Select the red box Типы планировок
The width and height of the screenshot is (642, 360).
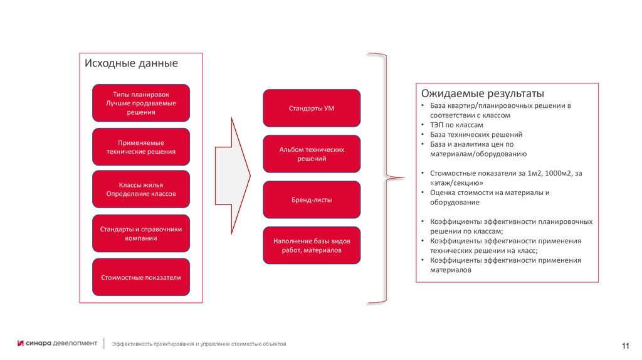coord(140,103)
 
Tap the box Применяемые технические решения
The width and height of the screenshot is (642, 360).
coord(140,147)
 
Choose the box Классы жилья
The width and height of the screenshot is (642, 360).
coord(140,189)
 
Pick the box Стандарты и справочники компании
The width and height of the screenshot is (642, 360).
coord(140,233)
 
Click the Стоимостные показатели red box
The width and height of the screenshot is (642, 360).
coord(140,277)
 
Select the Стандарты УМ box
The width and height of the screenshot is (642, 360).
coord(312,108)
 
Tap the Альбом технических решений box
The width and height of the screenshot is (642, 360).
coord(312,154)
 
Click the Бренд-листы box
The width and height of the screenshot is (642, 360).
coord(312,200)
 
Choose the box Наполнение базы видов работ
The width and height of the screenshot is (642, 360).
coord(312,245)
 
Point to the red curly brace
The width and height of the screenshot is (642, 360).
coord(379,178)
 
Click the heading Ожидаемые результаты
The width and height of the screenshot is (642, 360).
coord(478,93)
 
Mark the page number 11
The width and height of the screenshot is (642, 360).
coord(625,347)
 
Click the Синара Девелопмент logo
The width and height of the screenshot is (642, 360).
coord(57,343)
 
